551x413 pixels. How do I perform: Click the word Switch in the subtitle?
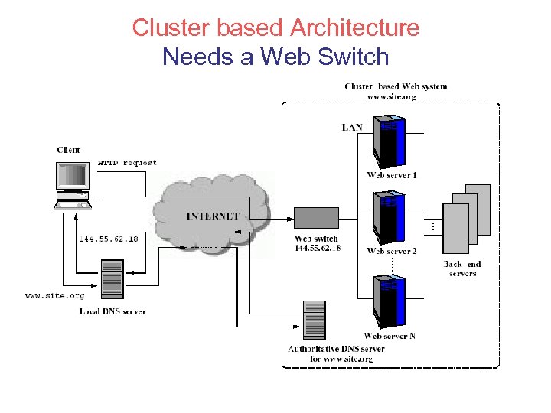click(353, 57)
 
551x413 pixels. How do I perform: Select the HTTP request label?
click(127, 163)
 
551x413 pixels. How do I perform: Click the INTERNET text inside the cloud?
click(213, 216)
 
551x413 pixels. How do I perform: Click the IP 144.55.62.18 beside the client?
click(109, 239)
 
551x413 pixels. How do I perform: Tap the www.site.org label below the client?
click(54, 294)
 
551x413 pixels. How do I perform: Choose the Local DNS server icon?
click(112, 281)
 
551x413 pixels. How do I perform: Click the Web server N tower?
click(389, 303)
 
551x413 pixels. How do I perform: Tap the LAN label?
click(352, 127)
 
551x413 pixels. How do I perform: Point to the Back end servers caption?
click(462, 269)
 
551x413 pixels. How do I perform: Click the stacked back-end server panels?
click(467, 219)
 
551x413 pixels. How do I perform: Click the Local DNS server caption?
click(112, 311)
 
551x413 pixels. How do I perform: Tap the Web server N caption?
click(390, 336)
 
